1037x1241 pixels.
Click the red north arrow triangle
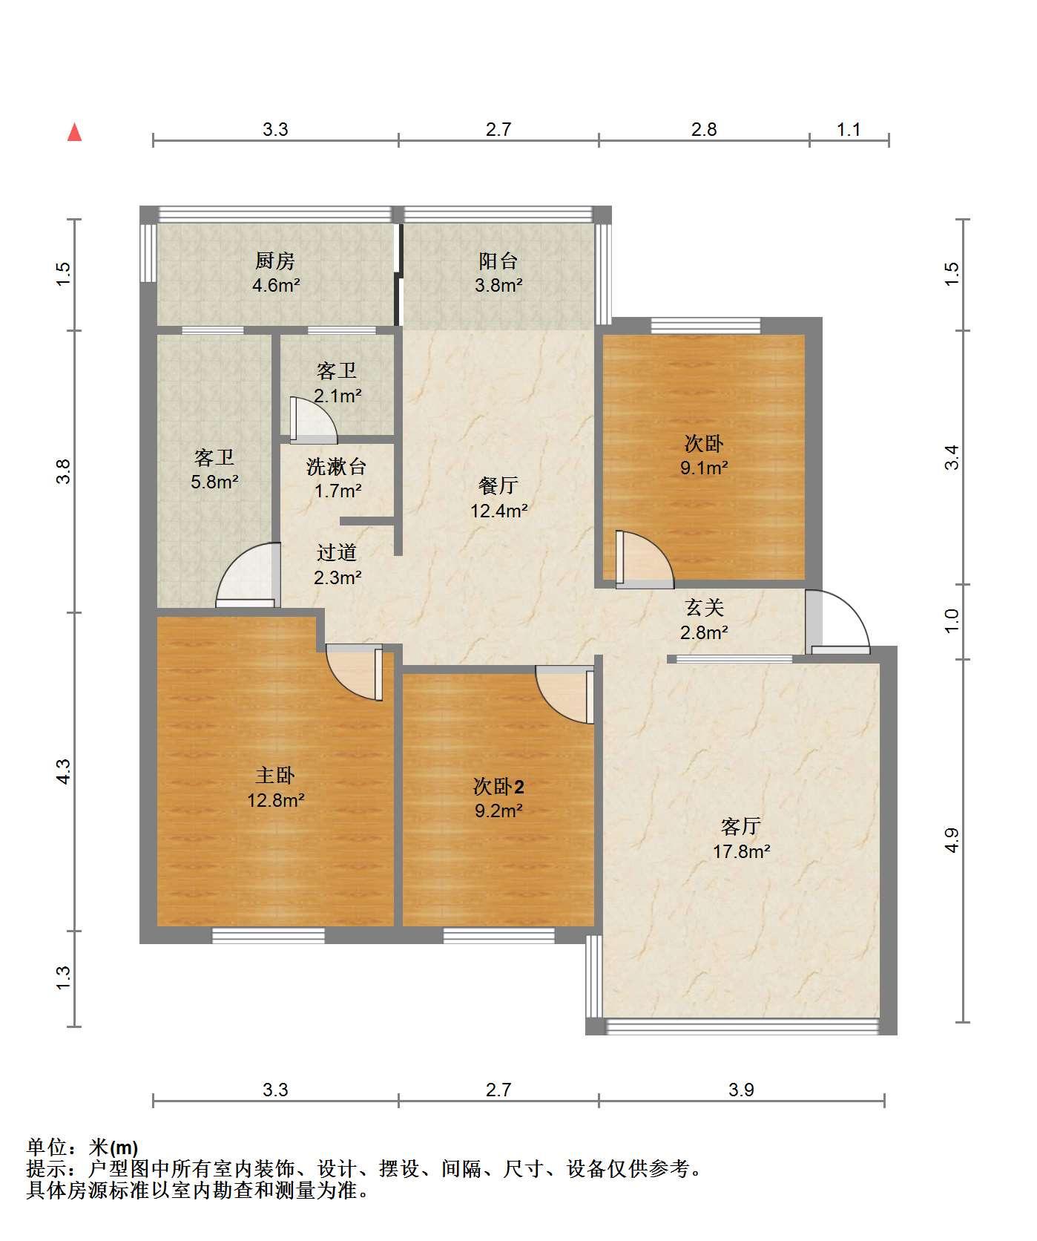(74, 132)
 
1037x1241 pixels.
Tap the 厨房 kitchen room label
(275, 261)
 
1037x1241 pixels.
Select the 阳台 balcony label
(498, 261)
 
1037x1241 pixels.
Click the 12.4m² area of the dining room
(499, 511)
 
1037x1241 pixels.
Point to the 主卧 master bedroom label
(275, 776)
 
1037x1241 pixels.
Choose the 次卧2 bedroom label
(499, 786)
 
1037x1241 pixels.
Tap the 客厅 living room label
(741, 826)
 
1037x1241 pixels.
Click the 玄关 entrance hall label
(704, 608)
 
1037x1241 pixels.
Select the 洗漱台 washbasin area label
(337, 467)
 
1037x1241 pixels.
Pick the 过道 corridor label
(337, 553)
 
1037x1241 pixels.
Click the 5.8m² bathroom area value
(214, 482)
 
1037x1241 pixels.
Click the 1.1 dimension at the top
(849, 130)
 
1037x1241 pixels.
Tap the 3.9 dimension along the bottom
(741, 1090)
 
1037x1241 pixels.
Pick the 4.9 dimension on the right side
(952, 840)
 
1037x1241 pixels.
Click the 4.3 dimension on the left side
(64, 772)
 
